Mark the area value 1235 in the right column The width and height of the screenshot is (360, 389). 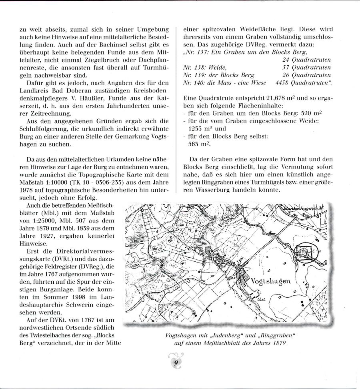[x=196, y=129]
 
